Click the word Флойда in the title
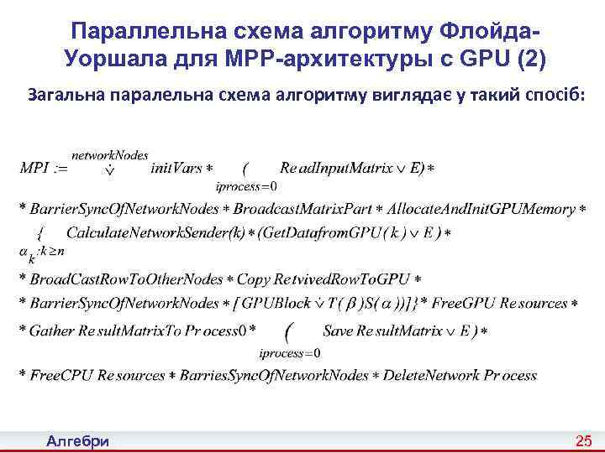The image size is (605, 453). coord(487,31)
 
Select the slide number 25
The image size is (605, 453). coord(583,441)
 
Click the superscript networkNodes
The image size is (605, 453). coord(109,154)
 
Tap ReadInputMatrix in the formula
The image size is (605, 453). coord(336,169)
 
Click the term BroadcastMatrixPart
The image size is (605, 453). coord(302,208)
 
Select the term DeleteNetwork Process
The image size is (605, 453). coord(460,375)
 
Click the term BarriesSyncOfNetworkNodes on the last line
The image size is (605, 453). coord(276,375)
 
